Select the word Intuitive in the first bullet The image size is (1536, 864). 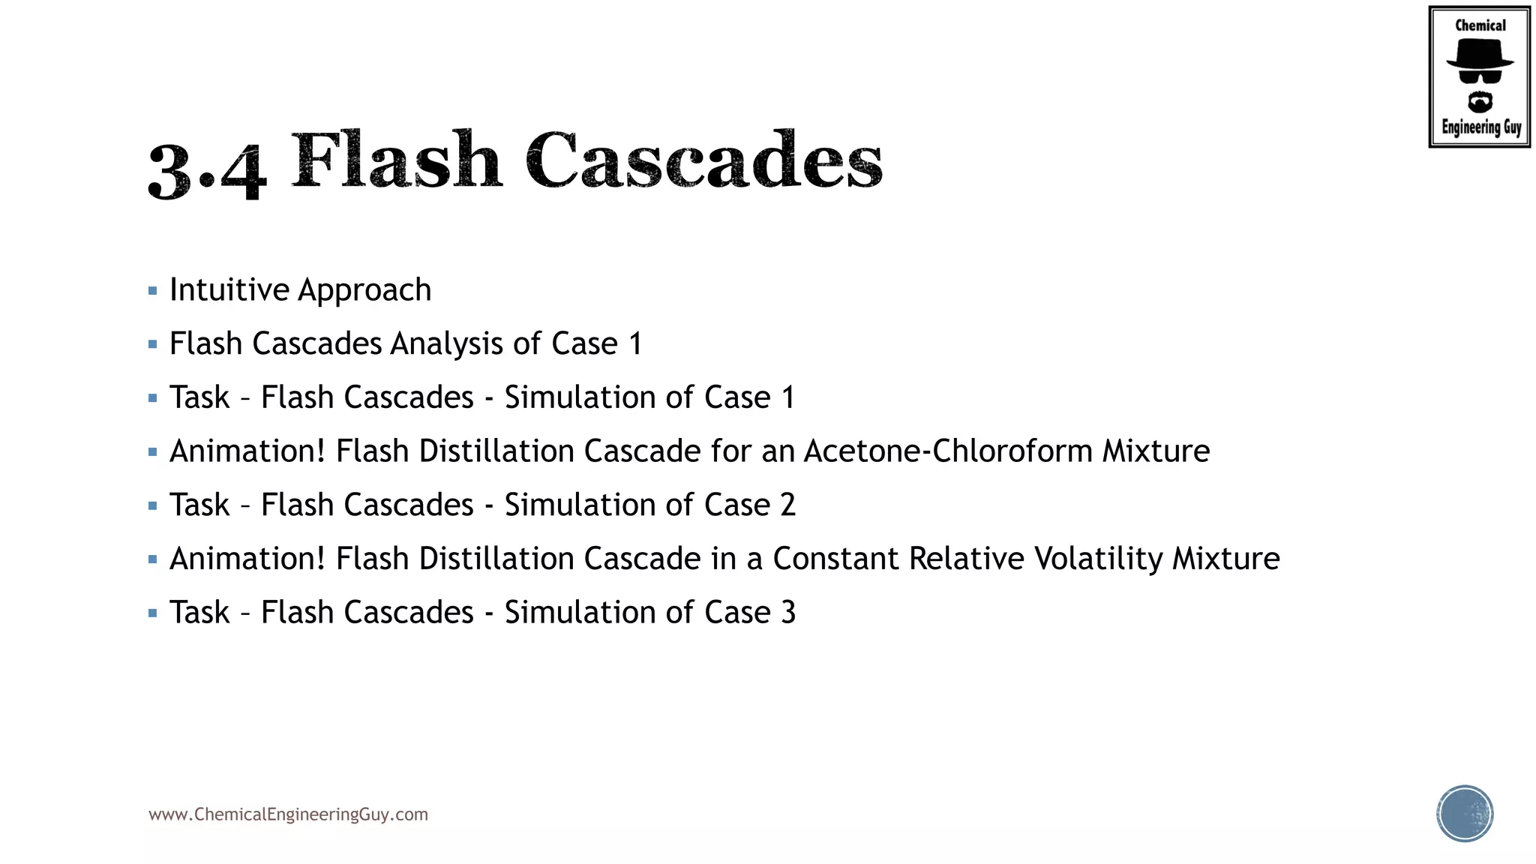point(229,289)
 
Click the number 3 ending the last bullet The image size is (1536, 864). point(788,613)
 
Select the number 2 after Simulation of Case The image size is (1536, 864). point(787,505)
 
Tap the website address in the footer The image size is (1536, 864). point(288,814)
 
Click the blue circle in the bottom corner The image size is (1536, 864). point(1465,814)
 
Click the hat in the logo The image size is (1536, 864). point(1480,54)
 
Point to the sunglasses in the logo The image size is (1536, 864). point(1480,76)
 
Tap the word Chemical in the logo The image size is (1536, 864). point(1480,25)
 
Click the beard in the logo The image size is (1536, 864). point(1480,101)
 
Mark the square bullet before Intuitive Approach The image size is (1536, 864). point(153,291)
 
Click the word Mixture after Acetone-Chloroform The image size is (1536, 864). point(1156,451)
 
